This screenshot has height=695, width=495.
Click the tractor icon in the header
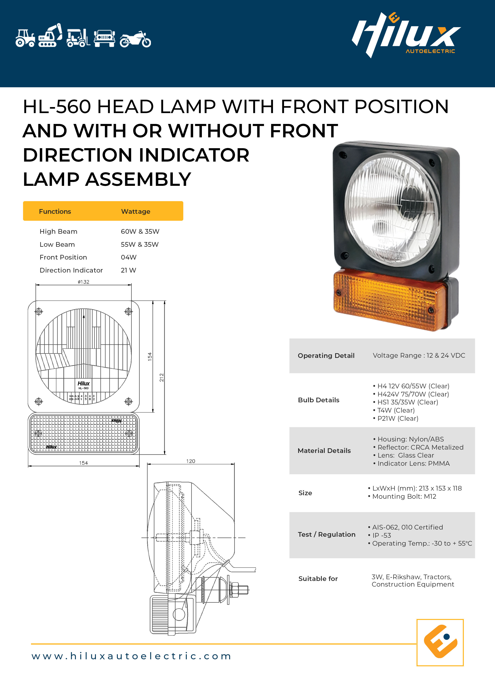coord(25,38)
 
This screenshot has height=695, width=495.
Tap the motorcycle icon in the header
coord(135,40)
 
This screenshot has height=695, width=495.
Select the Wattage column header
coord(136,211)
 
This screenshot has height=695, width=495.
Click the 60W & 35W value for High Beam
coord(140,232)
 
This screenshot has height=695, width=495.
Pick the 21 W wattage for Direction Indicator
coord(128,270)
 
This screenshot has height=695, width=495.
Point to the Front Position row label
coord(63,258)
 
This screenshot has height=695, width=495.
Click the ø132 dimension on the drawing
coord(84,282)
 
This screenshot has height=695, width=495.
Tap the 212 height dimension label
coord(162,377)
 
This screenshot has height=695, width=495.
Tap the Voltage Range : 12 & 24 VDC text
coord(419,355)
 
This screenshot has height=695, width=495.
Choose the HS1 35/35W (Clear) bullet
coord(407,402)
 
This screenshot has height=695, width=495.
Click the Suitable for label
coord(318,579)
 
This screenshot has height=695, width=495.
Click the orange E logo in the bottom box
coord(440,642)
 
